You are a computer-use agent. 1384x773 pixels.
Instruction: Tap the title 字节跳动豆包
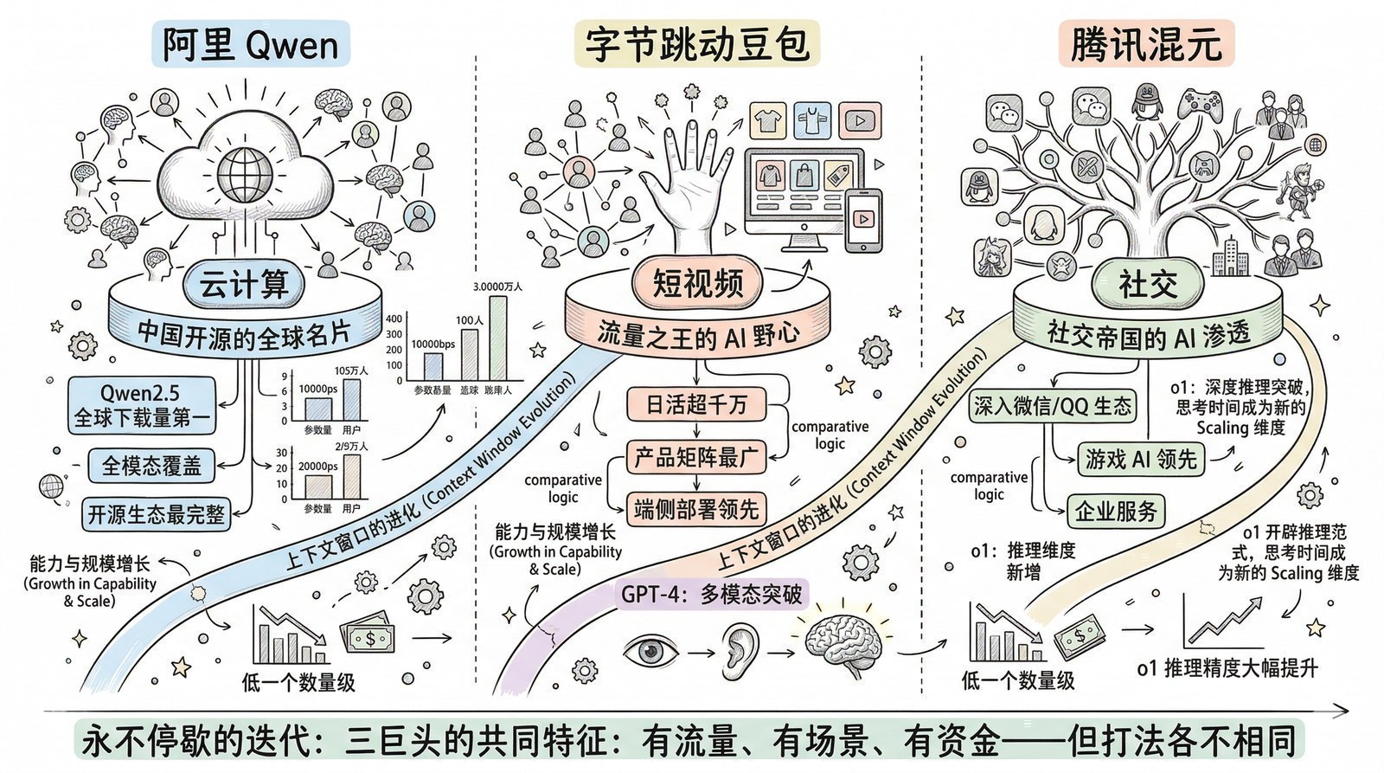[x=697, y=44]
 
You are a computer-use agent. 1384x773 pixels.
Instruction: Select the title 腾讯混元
[x=1146, y=44]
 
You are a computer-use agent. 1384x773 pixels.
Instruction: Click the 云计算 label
[x=245, y=284]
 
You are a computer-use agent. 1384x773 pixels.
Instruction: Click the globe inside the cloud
[x=245, y=174]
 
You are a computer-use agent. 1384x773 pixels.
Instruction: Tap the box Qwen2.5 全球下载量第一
[x=141, y=405]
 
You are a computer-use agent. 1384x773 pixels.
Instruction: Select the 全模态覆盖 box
[x=151, y=466]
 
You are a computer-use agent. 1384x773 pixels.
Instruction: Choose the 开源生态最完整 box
[x=156, y=514]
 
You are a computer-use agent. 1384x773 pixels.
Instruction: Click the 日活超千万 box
[x=696, y=404]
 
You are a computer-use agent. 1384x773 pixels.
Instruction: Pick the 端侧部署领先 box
[x=696, y=509]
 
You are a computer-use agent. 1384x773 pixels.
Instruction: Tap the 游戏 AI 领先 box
[x=1141, y=459]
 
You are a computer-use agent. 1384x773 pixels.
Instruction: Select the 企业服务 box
[x=1116, y=512]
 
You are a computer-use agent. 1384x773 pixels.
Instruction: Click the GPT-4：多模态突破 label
[x=711, y=595]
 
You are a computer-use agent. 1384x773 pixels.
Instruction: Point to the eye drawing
[x=650, y=650]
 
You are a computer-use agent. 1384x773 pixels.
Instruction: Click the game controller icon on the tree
[x=1201, y=105]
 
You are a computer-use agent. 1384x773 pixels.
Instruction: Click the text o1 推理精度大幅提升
[x=1227, y=668]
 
